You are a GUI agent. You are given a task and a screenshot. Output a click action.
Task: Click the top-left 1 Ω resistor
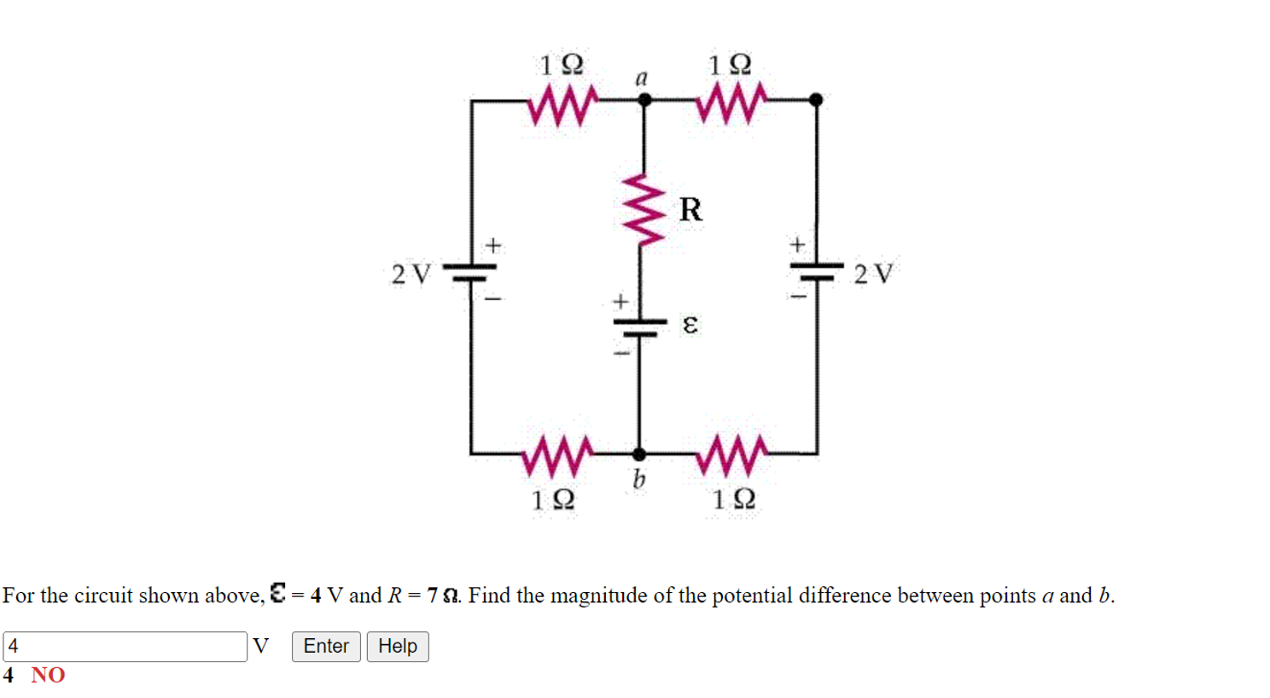click(561, 107)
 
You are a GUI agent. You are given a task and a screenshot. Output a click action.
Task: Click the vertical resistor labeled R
click(645, 209)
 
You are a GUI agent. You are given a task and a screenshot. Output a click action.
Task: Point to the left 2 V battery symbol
click(470, 273)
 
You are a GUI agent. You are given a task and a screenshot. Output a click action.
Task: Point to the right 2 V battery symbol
click(817, 271)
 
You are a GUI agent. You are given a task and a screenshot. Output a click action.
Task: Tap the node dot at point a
click(644, 100)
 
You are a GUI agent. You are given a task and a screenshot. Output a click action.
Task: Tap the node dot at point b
click(639, 454)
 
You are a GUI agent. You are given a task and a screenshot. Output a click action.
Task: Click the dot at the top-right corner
click(816, 100)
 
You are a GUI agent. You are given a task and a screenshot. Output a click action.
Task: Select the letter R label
click(690, 209)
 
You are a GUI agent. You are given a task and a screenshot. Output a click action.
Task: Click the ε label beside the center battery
click(690, 325)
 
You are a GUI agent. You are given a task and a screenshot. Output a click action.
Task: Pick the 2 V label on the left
click(411, 274)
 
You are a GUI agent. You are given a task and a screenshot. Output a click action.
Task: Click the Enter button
click(326, 646)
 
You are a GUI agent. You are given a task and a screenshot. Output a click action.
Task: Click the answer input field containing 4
click(125, 647)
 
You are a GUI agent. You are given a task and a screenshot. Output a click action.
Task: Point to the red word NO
click(48, 675)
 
